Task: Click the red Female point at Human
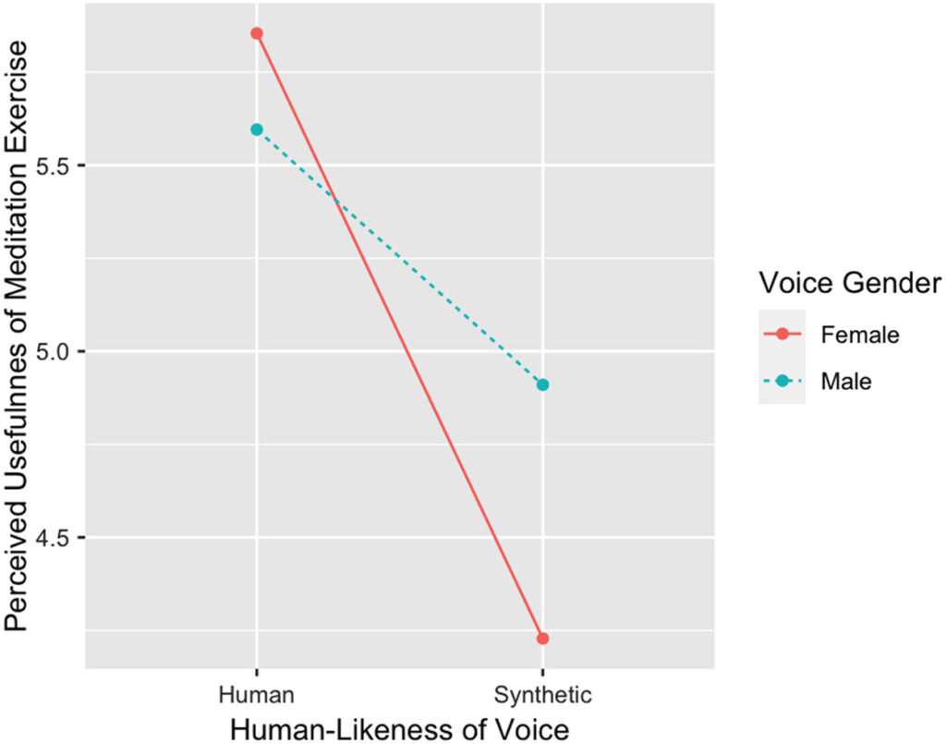click(x=257, y=33)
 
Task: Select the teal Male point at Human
click(x=257, y=129)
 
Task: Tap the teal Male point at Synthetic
click(x=542, y=384)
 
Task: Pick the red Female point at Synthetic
click(x=542, y=638)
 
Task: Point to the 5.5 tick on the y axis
click(x=57, y=166)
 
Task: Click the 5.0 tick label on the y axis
click(x=57, y=352)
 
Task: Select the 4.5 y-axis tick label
click(x=57, y=538)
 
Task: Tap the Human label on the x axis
click(x=257, y=693)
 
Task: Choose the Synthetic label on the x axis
click(x=542, y=693)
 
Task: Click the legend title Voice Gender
click(x=849, y=283)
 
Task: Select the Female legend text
click(x=859, y=334)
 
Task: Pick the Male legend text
click(x=845, y=380)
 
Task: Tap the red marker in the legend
click(x=782, y=334)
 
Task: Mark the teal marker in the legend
click(x=782, y=380)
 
